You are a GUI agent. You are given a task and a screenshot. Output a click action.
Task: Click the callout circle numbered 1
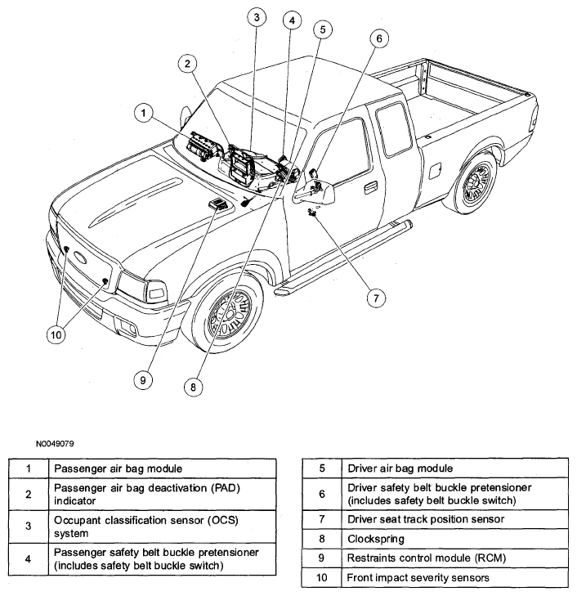pos(144,113)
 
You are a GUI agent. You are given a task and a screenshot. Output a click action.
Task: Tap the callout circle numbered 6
pos(379,38)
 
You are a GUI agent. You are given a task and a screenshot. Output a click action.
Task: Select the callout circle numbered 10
pos(56,335)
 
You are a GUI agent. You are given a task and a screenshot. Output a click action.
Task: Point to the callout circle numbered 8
pos(193,387)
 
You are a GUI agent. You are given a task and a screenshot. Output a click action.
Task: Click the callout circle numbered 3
pos(257,17)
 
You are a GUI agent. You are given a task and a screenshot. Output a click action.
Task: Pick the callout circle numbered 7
pos(376,298)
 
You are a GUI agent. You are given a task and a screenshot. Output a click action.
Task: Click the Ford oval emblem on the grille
pos(79,257)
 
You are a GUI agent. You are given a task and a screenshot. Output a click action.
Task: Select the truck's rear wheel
pos(474,181)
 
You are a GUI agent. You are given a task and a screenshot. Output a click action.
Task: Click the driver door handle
pos(370,187)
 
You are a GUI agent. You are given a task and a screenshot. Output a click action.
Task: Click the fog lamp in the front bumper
pos(127,327)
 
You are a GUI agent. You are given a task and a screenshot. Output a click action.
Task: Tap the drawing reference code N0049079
pos(55,444)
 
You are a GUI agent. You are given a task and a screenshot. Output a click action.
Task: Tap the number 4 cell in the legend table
pos(29,558)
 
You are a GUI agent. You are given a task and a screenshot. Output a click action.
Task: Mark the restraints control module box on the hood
pos(217,204)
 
